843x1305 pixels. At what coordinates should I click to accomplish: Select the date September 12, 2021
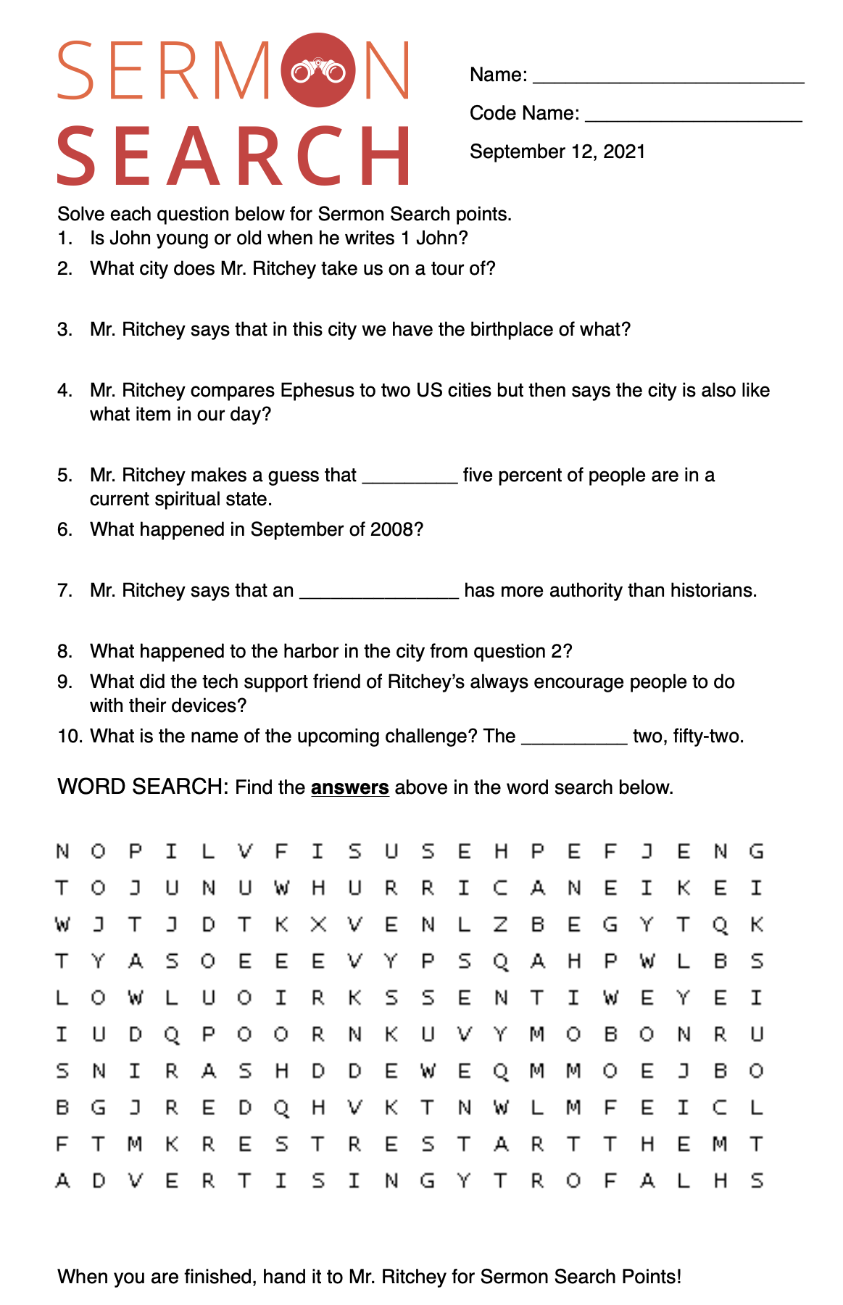[x=557, y=152]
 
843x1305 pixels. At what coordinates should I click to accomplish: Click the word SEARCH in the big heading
[x=233, y=156]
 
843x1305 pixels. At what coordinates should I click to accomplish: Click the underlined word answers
[x=350, y=787]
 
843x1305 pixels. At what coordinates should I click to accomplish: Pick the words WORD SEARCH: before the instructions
[x=144, y=787]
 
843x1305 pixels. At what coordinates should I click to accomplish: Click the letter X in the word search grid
[x=317, y=924]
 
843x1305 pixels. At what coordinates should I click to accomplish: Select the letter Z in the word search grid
[x=500, y=924]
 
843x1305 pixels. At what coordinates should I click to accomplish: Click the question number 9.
[x=65, y=681]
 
